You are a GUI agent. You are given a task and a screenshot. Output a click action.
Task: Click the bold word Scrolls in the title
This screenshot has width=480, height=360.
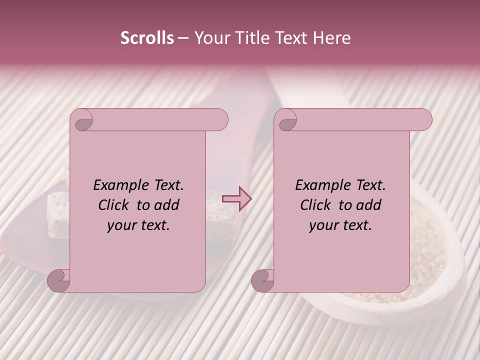[147, 38]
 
